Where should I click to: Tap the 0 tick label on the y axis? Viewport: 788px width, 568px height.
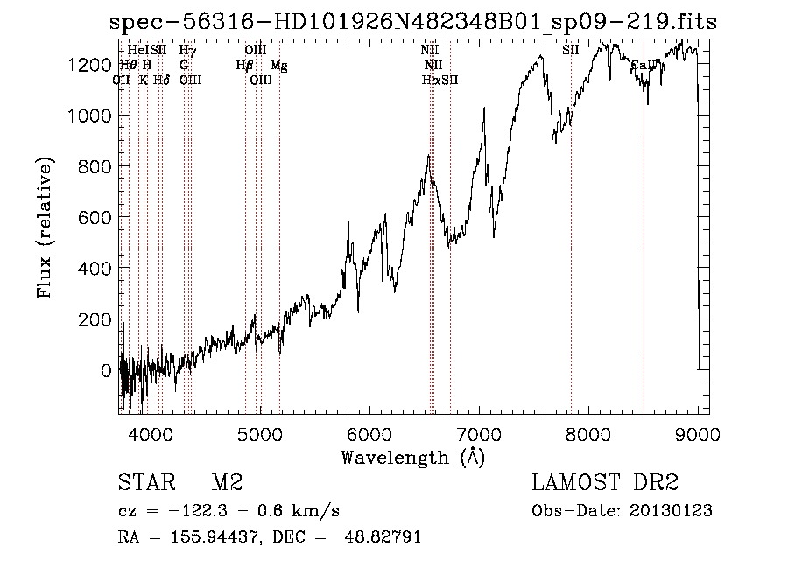[x=107, y=370]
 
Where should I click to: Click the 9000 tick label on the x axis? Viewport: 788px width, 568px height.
[x=698, y=433]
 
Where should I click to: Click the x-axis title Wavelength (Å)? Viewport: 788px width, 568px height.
[x=412, y=457]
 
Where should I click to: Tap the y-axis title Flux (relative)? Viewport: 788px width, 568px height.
[x=44, y=228]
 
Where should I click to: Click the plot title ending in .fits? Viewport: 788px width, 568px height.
[x=412, y=22]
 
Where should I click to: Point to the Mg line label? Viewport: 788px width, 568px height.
[x=278, y=66]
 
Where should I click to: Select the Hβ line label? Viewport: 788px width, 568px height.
[x=244, y=66]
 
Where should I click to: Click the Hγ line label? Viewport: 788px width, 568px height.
[x=187, y=51]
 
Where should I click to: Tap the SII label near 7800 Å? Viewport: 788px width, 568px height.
[x=571, y=51]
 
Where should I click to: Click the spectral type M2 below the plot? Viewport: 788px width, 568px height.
[x=227, y=483]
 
